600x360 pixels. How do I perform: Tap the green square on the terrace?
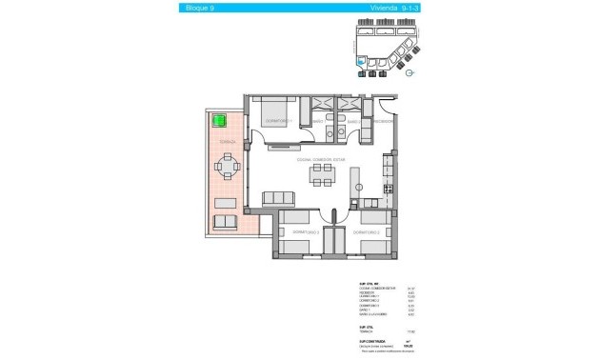218,121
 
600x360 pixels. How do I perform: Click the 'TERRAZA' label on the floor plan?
228,141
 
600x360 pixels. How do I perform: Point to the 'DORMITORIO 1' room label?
279,121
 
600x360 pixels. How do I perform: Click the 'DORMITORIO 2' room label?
367,232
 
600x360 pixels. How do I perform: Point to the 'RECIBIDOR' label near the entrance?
384,122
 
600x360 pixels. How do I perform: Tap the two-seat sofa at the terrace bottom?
225,222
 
